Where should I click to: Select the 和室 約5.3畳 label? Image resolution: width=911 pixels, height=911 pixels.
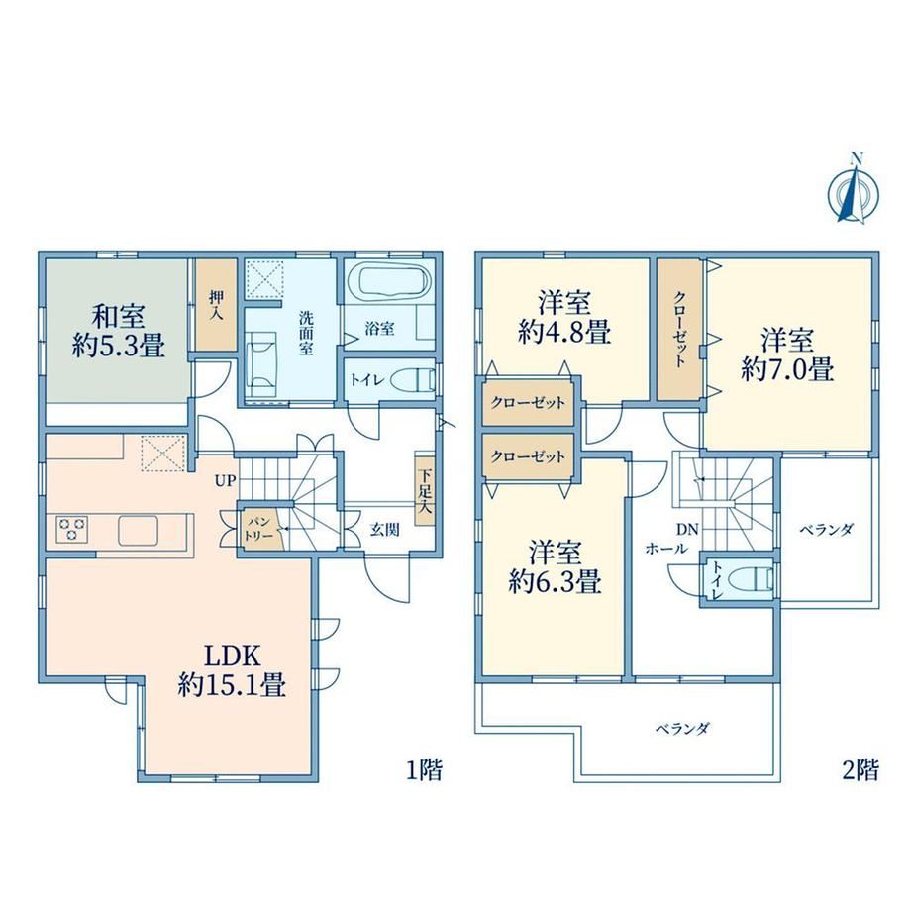coord(119,331)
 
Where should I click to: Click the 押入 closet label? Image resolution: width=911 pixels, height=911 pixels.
coord(216,306)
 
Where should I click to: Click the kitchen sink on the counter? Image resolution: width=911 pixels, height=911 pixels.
coord(138,531)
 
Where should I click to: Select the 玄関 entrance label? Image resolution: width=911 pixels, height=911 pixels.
coord(384,530)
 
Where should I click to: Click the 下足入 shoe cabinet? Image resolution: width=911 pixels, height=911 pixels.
coord(425,488)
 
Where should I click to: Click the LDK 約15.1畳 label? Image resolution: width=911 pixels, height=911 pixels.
coord(232,671)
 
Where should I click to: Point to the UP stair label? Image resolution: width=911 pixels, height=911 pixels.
coord(226,480)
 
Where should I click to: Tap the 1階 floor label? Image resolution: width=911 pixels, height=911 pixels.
coord(424,770)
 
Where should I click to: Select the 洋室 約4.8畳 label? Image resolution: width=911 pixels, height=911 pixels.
coord(563,319)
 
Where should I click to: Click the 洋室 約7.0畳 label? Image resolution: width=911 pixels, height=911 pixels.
coord(787,354)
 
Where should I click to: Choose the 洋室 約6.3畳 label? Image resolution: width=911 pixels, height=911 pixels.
coord(555,566)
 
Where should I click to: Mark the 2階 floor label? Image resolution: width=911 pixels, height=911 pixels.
coord(860,770)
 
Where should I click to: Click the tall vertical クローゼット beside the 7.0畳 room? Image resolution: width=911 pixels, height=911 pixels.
coord(679,330)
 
